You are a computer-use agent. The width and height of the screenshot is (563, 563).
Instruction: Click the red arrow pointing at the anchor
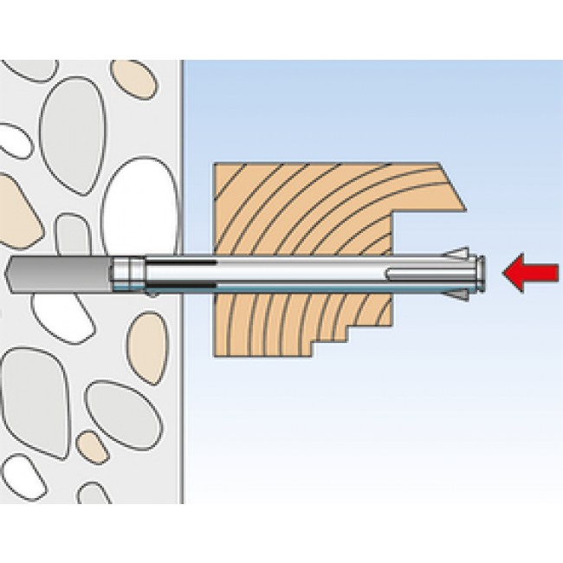[x=530, y=273]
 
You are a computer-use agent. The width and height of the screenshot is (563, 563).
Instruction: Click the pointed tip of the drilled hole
[x=10, y=273]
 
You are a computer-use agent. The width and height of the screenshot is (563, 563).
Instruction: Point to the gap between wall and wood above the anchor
[x=197, y=208]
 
